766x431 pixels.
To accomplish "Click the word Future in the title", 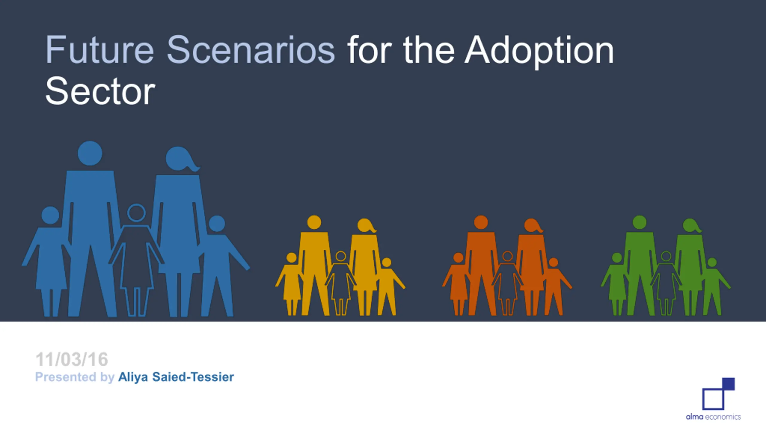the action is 100,50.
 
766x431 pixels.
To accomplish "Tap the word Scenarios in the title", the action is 251,50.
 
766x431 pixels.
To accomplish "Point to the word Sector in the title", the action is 100,91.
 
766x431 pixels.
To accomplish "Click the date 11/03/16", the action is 72,359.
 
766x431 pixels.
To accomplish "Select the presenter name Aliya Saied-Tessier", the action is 176,377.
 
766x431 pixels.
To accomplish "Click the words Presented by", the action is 75,377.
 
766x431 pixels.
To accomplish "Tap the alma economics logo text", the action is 713,417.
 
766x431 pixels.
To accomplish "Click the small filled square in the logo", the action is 728,384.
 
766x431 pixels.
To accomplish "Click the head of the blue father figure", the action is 90,153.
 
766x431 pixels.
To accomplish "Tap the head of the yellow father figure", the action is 314,222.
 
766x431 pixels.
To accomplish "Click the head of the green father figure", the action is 640,222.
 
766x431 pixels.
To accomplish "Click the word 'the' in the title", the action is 429,50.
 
